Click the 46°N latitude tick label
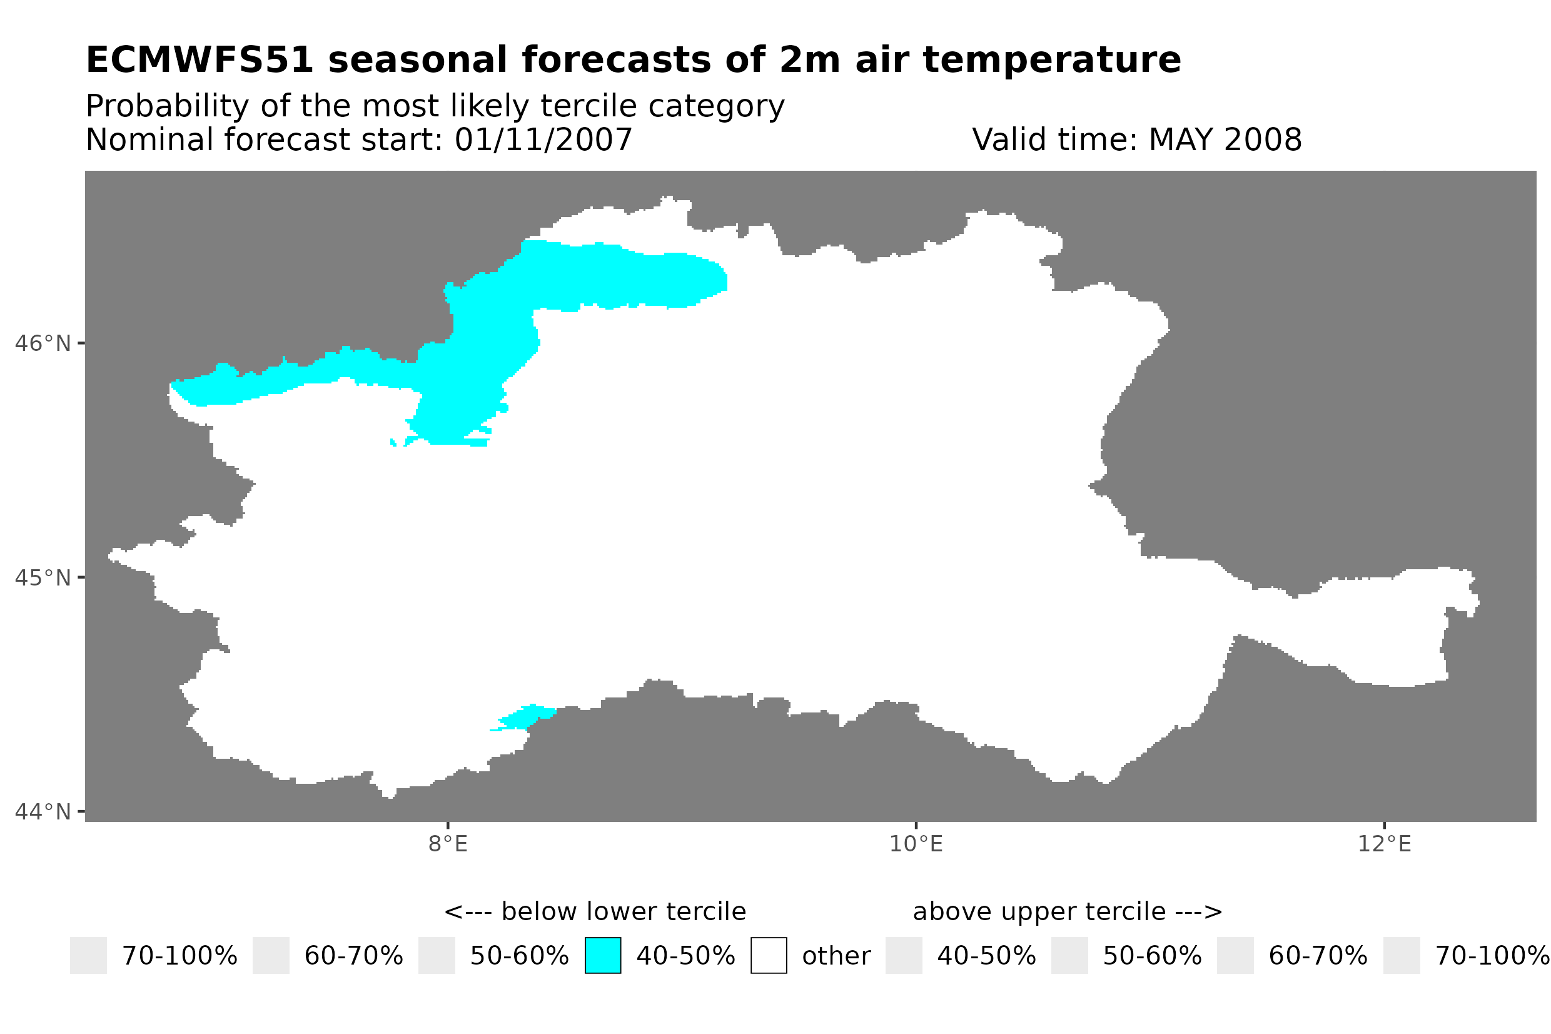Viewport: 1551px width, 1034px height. click(42, 344)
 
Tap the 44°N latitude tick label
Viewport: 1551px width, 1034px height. click(42, 813)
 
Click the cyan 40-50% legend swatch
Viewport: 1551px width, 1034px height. click(602, 956)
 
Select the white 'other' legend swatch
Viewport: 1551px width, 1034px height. click(769, 956)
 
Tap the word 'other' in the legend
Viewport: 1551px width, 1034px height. click(836, 956)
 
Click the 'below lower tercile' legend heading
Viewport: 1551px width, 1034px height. click(595, 912)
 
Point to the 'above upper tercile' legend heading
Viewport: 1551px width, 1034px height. click(1068, 912)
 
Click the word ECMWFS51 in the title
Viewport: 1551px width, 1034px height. click(200, 61)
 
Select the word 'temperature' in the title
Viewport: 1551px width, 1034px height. click(1051, 61)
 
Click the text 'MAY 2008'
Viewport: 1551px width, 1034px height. click(1225, 139)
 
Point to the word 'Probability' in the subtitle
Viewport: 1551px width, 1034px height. click(167, 106)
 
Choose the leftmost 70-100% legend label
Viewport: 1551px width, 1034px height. click(179, 956)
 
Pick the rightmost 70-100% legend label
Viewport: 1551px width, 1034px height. click(1492, 956)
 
